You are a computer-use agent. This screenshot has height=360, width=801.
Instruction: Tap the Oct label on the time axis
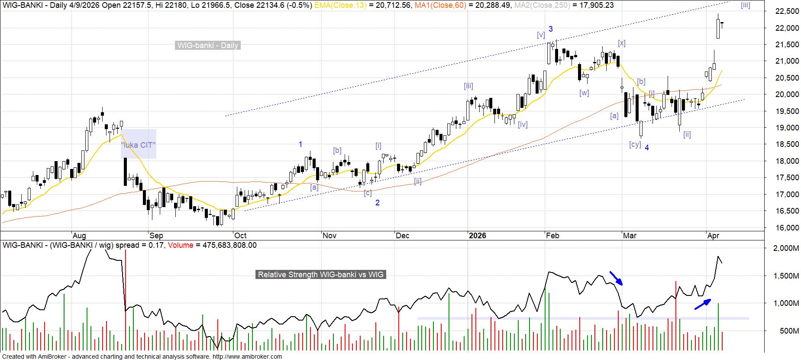pos(240,236)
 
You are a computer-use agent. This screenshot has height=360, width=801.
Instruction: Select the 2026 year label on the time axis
pos(478,236)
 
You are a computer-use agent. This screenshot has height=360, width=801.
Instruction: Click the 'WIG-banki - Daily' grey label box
pos(207,45)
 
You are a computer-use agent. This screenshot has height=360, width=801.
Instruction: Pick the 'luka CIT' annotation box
pos(138,144)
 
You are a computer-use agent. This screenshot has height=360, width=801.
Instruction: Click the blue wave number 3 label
pos(551,29)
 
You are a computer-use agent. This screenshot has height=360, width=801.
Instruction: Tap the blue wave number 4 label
pos(647,148)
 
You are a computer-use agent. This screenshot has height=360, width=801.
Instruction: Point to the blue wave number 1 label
pos(300,144)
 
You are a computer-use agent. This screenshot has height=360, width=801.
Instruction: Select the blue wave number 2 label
pos(378,203)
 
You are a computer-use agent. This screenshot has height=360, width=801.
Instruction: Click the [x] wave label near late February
pos(622,43)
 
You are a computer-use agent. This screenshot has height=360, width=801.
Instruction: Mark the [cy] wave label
pos(635,144)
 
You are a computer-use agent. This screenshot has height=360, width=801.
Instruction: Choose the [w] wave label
pos(584,93)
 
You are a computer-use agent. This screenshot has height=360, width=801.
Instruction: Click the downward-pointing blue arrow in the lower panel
pos(616,278)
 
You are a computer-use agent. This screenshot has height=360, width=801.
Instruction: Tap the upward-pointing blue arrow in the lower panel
pos(702,304)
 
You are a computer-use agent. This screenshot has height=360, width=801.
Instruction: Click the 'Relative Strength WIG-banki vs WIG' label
pos(320,275)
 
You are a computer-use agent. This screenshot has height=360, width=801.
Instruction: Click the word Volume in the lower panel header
pos(181,245)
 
